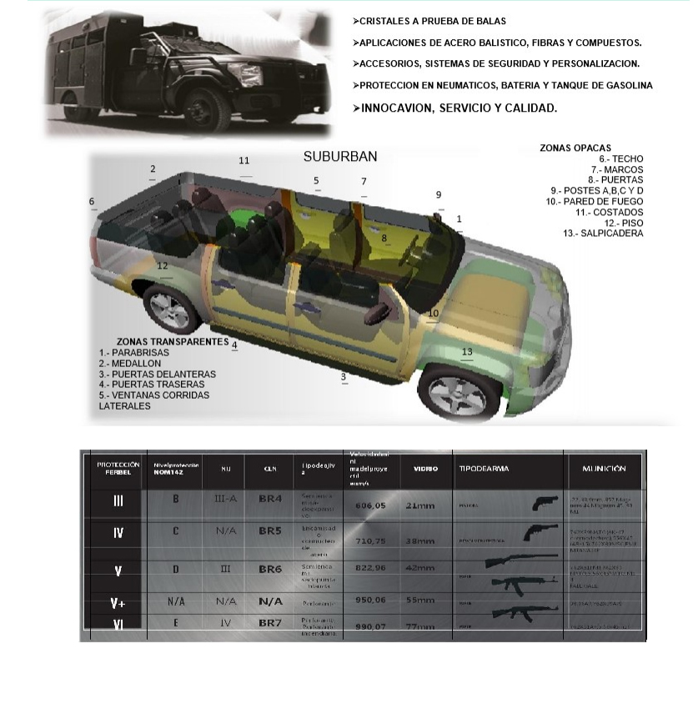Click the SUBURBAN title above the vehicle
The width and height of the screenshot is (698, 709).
point(340,156)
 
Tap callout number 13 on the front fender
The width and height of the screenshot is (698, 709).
point(467,352)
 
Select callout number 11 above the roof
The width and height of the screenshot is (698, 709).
point(244,160)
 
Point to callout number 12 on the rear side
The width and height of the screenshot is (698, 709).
point(163,265)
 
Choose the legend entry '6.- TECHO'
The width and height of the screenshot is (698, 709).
point(621,158)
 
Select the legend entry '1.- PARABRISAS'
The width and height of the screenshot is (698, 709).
point(134,353)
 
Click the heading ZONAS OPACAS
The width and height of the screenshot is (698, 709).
point(575,148)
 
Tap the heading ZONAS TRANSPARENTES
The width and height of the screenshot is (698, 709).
point(173,341)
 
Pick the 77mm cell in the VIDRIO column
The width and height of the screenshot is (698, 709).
point(420,626)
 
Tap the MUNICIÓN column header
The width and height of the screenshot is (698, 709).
point(604,469)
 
